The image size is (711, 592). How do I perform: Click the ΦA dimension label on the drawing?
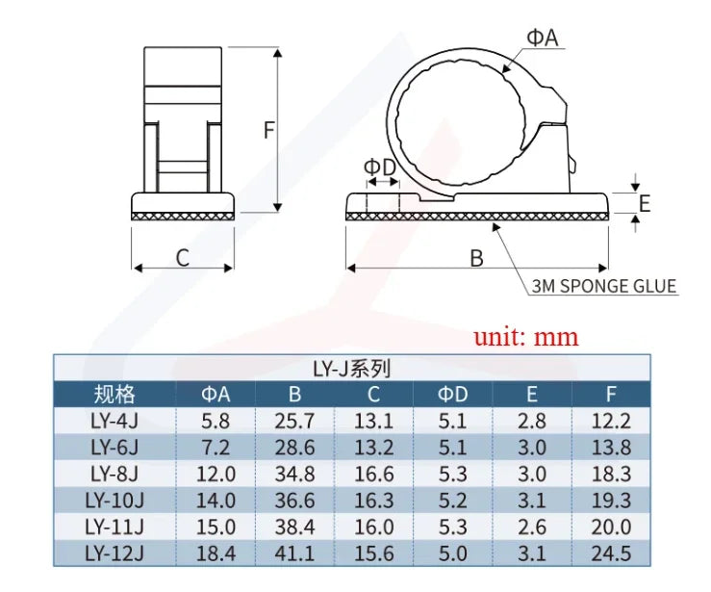click(542, 38)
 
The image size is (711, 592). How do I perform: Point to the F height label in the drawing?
click(269, 130)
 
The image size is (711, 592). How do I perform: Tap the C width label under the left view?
click(182, 258)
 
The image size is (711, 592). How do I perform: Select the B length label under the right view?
click(476, 258)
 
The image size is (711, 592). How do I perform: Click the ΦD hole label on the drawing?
click(380, 167)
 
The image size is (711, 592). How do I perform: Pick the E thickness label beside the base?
click(645, 203)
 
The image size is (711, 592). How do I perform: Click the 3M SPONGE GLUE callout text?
click(604, 286)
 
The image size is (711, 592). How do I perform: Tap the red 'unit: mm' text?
click(526, 337)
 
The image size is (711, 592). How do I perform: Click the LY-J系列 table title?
click(352, 369)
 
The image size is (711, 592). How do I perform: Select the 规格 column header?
click(114, 394)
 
